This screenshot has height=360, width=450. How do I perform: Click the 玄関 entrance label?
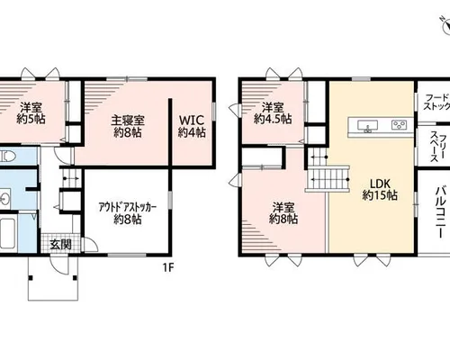click(x=60, y=245)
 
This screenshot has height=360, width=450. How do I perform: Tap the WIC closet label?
click(x=191, y=120)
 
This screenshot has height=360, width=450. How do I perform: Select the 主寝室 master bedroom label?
click(x=128, y=121)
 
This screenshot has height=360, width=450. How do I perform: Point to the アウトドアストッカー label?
click(x=128, y=208)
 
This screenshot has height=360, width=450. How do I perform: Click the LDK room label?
click(x=380, y=184)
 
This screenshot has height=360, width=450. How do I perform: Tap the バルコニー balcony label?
click(x=440, y=212)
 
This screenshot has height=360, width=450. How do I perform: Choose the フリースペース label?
click(x=437, y=146)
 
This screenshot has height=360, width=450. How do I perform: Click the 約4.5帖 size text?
click(x=273, y=120)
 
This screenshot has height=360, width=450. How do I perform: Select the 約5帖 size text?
click(x=31, y=120)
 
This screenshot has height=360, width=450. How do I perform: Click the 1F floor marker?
click(x=168, y=267)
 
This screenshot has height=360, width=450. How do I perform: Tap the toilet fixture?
click(x=5, y=157)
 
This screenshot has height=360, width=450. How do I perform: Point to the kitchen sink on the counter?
click(x=366, y=125)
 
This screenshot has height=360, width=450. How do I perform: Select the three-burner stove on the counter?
click(x=400, y=125)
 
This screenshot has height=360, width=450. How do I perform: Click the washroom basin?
click(x=4, y=198)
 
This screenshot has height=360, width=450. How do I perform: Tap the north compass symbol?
click(x=446, y=25)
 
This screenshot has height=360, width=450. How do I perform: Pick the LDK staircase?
click(x=328, y=179)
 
